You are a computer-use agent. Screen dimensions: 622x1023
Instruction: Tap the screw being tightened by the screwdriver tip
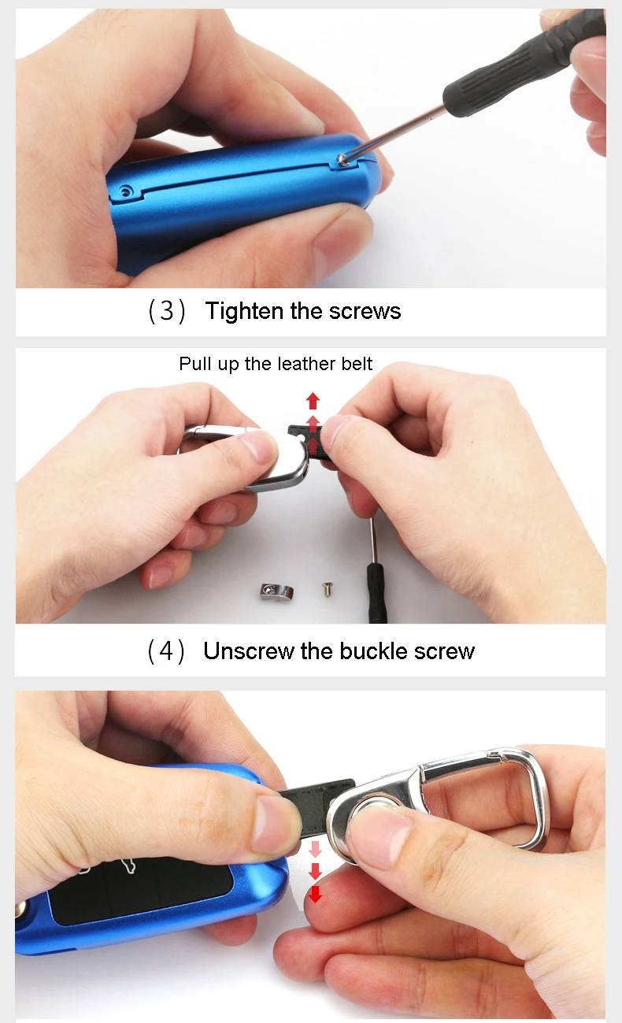342,159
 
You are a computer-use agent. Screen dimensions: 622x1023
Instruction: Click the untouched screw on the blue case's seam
126,191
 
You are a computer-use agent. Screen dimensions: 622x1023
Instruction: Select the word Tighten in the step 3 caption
244,311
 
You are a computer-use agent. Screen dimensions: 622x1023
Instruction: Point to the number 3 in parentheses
167,311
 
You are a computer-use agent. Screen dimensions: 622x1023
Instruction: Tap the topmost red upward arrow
313,401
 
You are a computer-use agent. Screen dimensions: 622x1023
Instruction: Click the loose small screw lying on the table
328,589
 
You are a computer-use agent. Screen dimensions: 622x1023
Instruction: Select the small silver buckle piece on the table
276,592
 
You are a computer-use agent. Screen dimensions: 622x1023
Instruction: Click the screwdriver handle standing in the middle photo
377,593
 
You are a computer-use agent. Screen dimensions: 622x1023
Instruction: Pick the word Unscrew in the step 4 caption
249,650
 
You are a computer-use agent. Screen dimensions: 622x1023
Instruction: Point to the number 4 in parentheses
166,650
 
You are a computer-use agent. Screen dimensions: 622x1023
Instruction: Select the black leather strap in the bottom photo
315,804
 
